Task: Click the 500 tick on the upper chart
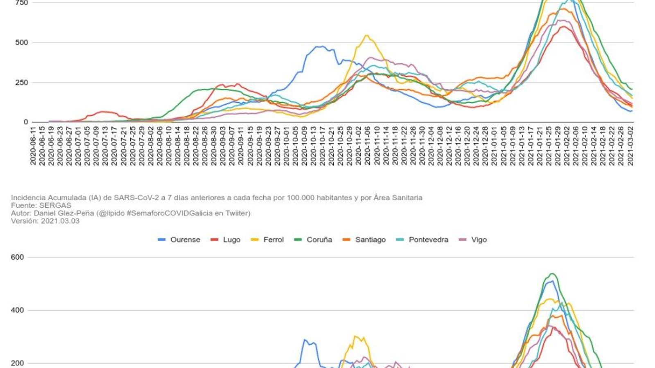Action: click(22, 43)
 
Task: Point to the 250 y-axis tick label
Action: click(22, 83)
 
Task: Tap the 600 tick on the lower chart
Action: click(18, 257)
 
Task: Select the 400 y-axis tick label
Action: click(18, 310)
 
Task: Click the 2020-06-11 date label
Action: click(33, 145)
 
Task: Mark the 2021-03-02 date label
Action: click(631, 145)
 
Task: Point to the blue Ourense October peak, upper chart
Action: click(321, 46)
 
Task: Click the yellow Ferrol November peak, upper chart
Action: click(367, 35)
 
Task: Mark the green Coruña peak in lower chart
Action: click(552, 274)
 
